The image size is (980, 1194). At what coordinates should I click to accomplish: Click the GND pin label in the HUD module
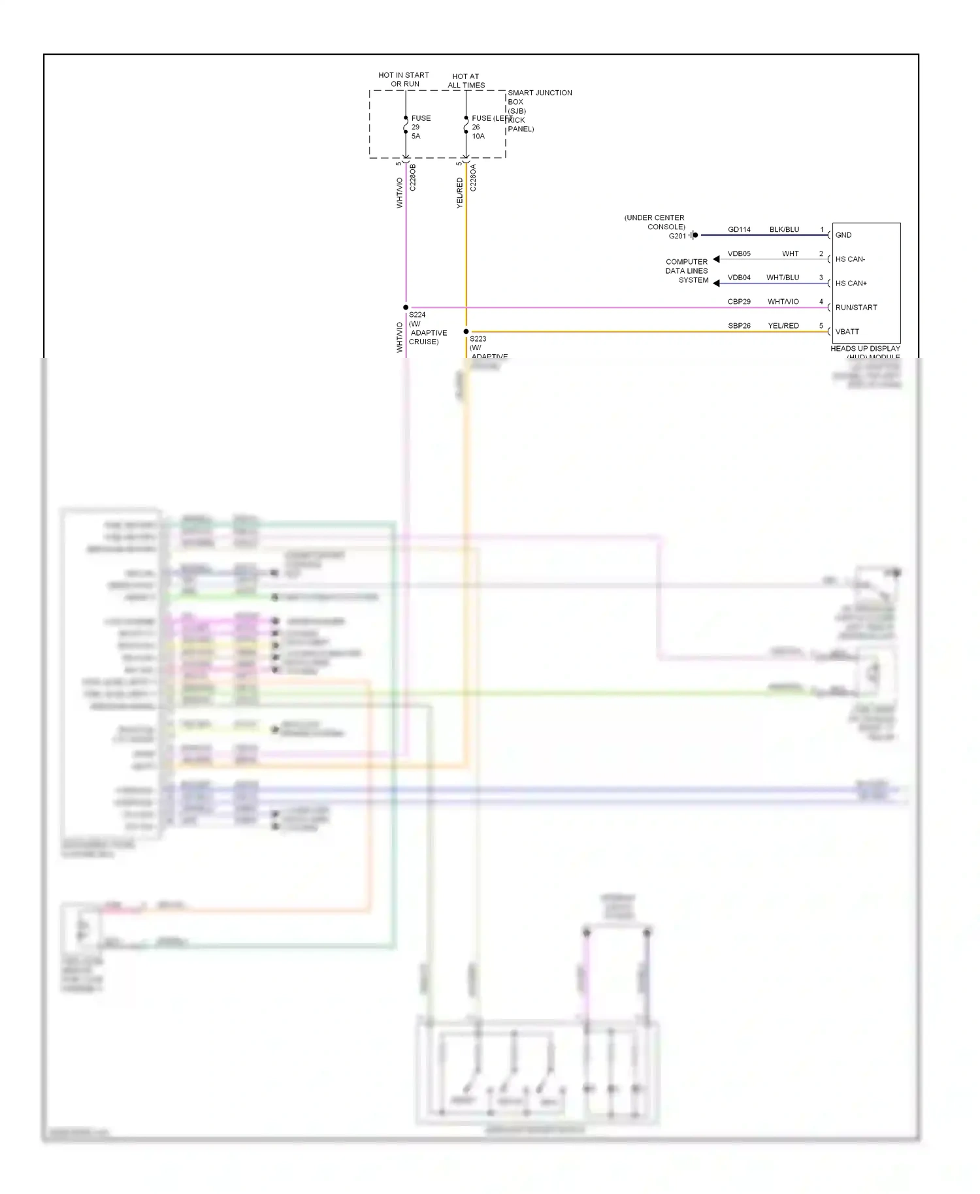[x=843, y=235]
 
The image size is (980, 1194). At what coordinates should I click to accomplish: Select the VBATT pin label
[x=847, y=332]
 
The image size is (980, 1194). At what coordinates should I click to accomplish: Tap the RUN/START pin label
[x=856, y=308]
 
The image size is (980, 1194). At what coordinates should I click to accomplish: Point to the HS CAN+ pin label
[x=851, y=283]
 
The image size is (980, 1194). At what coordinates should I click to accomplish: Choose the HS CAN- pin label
[x=850, y=259]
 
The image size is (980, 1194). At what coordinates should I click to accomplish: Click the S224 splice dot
[x=406, y=308]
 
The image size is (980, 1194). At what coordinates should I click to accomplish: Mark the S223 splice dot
[x=466, y=332]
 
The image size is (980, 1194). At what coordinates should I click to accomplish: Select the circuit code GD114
[x=739, y=230]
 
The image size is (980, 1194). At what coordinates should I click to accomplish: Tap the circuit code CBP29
[x=739, y=302]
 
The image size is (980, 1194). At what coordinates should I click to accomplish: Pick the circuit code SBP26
[x=739, y=326]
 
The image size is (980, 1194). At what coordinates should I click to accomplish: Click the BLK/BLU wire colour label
[x=784, y=230]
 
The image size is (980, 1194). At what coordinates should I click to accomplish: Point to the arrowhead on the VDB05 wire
[x=716, y=259]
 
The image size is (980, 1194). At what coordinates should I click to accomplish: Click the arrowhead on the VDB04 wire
[x=716, y=283]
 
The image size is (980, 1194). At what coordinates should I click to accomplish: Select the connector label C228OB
[x=413, y=178]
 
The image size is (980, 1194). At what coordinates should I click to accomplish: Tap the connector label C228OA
[x=473, y=178]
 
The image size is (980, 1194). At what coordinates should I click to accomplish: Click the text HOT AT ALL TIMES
[x=466, y=81]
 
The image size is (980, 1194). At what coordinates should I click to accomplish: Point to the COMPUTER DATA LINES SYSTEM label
[x=687, y=271]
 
